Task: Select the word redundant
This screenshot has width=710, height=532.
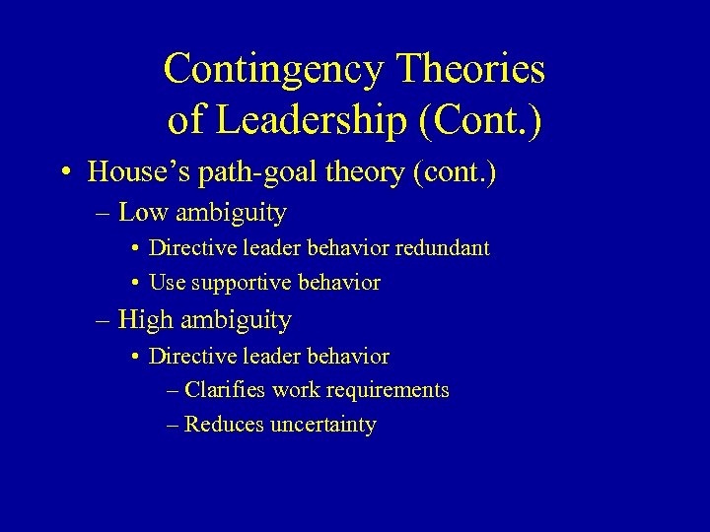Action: pyautogui.click(x=442, y=248)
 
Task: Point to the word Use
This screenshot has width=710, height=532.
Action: pyautogui.click(x=168, y=283)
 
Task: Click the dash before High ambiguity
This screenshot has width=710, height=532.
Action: pyautogui.click(x=106, y=321)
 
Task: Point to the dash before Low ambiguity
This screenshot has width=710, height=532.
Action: pyautogui.click(x=106, y=214)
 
